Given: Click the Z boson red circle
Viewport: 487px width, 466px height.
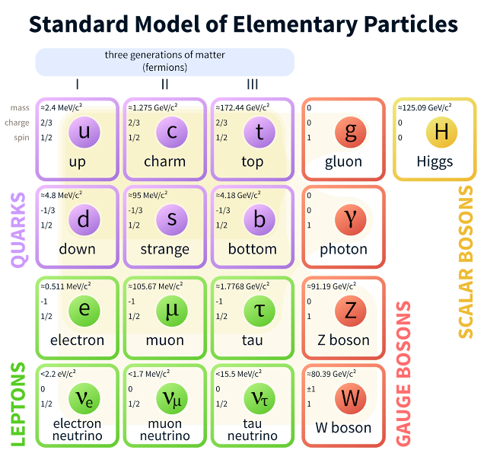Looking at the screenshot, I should pos(350,311).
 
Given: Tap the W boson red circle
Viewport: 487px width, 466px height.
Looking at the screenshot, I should pos(350,398).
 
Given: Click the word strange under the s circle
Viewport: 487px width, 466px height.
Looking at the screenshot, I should pos(165,249).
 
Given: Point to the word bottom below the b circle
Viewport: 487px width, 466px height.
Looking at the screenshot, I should pos(253,249).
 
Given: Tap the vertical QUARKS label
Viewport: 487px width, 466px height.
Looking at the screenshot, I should pos(19,228).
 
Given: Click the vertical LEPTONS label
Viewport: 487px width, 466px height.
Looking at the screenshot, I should pos(19,404).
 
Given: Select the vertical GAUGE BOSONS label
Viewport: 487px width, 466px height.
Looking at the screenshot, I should pos(403,373).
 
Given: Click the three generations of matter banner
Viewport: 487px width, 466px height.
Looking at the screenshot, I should pos(165,62).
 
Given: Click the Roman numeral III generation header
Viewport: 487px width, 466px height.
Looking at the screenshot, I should pos(252,85).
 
